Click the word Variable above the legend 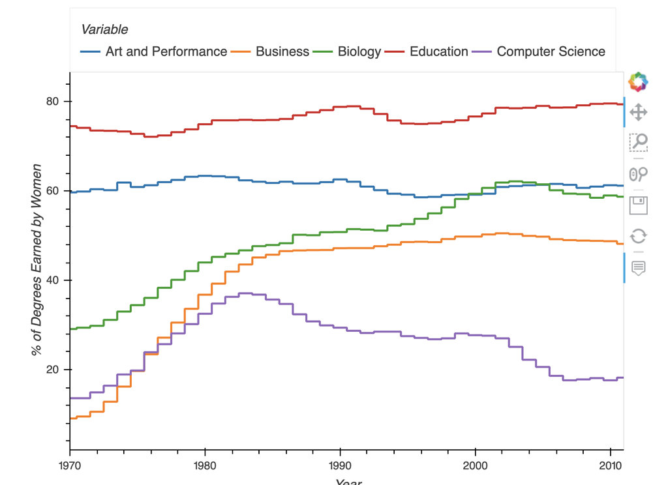pos(104,29)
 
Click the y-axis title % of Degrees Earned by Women pos(38,261)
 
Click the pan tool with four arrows pos(638,112)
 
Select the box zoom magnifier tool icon pos(638,142)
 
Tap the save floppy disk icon pos(638,205)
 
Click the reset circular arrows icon pos(638,236)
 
